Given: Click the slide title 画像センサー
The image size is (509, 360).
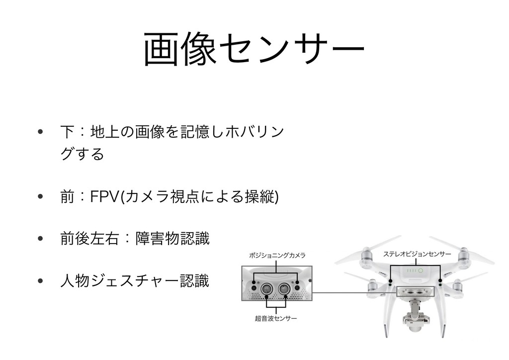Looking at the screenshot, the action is pos(254,49).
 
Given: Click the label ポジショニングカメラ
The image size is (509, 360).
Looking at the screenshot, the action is pos(277,256).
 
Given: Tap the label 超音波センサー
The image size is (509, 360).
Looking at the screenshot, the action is pos(275,318).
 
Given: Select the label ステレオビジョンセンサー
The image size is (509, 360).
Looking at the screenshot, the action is pos(417,254).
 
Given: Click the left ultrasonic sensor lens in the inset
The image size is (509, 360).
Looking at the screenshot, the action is pos(267,288).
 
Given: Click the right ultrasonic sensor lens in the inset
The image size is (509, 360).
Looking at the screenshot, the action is pos(284,288).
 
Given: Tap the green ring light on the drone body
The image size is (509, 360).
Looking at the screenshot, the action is pos(421,270).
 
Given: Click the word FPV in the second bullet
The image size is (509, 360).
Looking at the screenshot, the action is pos(104,196).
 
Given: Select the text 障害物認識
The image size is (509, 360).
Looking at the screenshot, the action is pos(172,239).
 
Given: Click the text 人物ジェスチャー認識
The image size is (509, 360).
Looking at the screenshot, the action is pos(135,281).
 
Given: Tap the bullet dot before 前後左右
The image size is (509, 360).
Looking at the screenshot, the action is pos(40,239).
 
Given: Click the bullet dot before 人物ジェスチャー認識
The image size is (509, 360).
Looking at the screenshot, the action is pos(40,281).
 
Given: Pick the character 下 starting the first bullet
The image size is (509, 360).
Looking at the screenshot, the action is pos(68,132).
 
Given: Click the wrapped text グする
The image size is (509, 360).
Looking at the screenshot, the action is pos(82,154).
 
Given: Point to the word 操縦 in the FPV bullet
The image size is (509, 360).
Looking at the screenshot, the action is pos(259,196).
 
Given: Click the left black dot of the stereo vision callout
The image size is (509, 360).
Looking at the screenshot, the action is pos(391,280).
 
